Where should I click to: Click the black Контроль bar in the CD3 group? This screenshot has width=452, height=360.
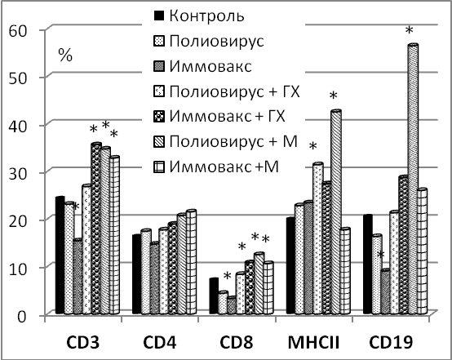pos(60,255)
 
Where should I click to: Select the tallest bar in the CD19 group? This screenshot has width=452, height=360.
pos(414,179)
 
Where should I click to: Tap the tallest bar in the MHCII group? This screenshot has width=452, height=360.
pos(336,212)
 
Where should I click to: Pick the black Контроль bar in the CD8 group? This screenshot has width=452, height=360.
pos(214,296)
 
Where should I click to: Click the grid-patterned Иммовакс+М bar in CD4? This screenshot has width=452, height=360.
pos(192,262)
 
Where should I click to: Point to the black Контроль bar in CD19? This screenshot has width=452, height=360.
pos(367,264)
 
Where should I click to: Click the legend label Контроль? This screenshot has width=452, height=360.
pos(206,16)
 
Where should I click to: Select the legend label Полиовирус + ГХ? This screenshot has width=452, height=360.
pos(235,91)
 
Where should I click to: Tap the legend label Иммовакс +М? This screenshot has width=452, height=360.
pos(224,167)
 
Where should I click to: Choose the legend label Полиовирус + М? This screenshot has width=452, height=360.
pos(233,142)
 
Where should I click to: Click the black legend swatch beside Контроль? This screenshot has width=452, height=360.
pos(159,16)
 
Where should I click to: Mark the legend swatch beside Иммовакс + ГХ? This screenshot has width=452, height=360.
pos(159,117)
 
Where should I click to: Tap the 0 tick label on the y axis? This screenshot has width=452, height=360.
pos(22,317)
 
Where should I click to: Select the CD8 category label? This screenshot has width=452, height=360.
pos(237,343)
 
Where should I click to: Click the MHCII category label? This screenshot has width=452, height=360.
pos(313,343)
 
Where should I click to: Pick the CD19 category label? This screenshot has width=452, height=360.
pos(391,343)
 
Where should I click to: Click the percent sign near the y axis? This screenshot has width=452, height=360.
pos(65,55)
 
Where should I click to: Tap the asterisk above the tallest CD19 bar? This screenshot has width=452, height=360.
pos(409,30)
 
